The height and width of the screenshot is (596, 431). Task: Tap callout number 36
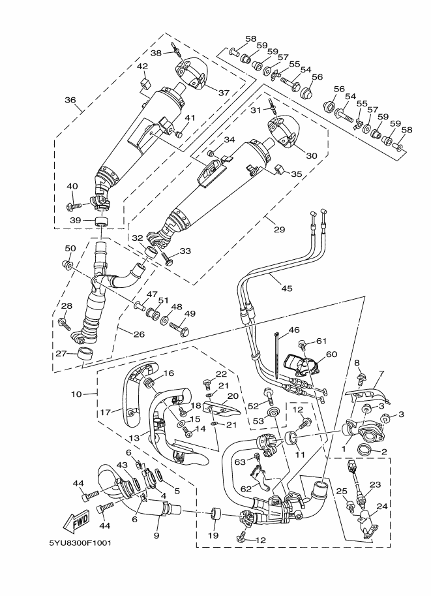(x=70, y=101)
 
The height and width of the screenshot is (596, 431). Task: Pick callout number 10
(x=76, y=394)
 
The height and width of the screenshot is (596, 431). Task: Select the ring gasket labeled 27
(x=84, y=355)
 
